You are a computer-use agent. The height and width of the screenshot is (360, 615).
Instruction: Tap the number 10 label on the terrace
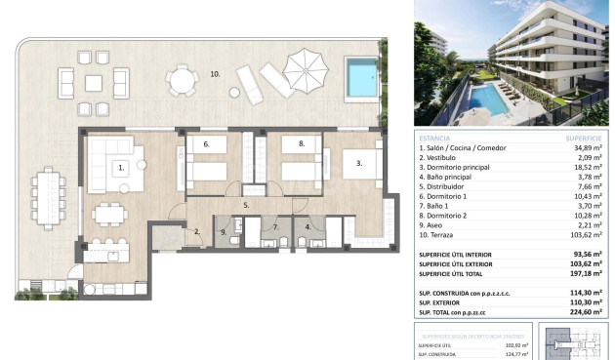(x=215, y=74)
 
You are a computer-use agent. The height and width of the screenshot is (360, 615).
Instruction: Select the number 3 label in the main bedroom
(x=358, y=164)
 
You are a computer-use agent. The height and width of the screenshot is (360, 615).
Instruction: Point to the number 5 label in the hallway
(x=246, y=206)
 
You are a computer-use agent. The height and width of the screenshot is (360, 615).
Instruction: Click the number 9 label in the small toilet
(x=224, y=231)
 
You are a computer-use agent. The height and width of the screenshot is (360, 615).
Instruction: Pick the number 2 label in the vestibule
(x=197, y=231)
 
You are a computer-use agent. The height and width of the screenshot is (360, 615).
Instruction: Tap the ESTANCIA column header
(x=433, y=137)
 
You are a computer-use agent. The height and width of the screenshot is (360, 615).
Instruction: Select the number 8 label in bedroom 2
(x=302, y=143)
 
